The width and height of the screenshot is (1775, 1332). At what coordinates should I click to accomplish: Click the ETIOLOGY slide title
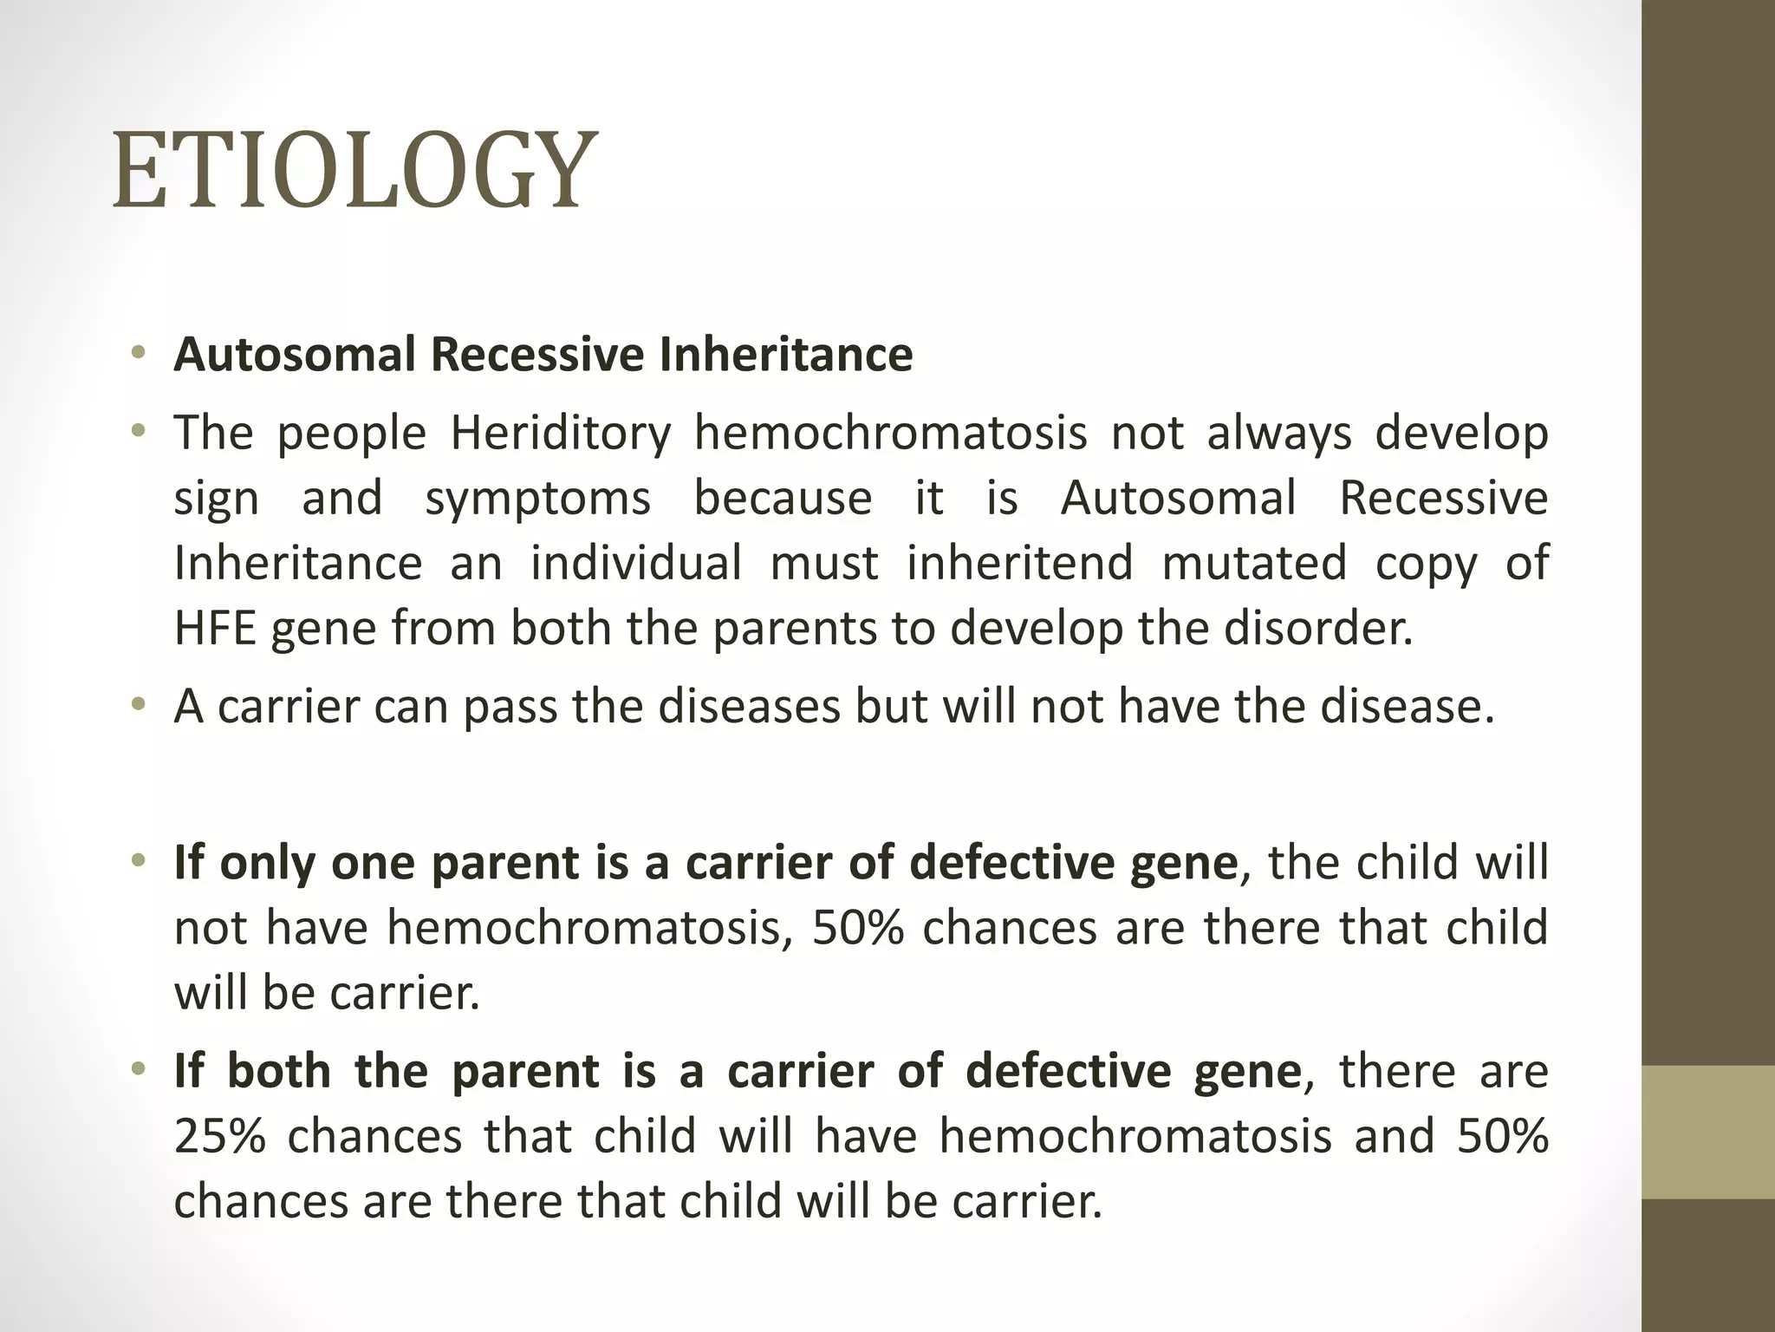tap(355, 170)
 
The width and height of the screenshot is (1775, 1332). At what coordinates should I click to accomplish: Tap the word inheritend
tap(1019, 563)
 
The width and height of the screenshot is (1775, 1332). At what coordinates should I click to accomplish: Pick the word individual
tap(635, 563)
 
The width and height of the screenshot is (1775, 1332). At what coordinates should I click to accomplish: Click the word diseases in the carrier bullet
tap(749, 706)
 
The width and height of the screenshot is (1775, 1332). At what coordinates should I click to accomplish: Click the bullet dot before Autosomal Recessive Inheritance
tap(138, 354)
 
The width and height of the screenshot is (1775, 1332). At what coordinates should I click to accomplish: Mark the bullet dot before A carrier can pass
tap(138, 705)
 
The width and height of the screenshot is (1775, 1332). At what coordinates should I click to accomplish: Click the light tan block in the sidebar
tap(1707, 1132)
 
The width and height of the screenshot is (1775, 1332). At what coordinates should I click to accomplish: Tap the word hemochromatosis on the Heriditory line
tap(890, 433)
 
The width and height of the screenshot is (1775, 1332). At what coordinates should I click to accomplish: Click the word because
tap(782, 499)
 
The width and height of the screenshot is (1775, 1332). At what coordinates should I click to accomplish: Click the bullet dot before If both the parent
tap(138, 1070)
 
